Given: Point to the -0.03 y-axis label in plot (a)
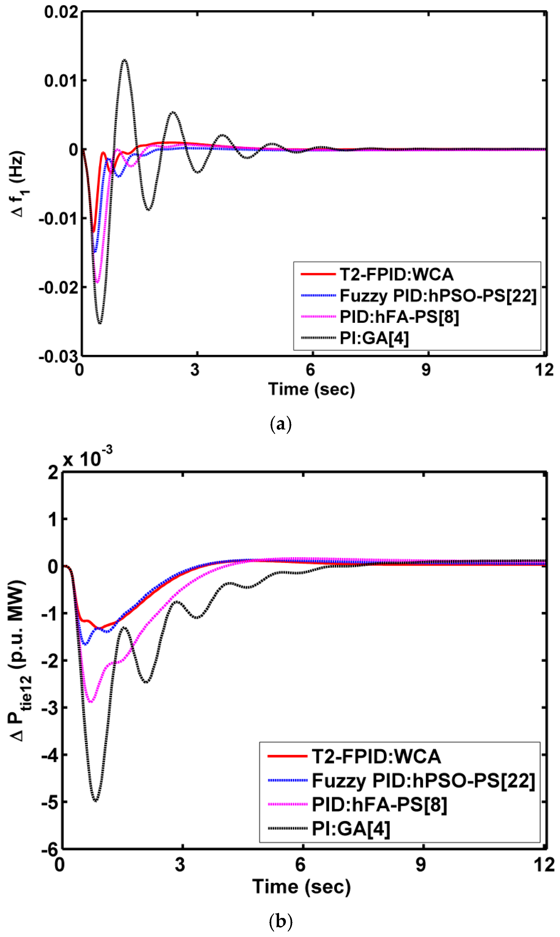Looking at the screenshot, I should coord(58,356).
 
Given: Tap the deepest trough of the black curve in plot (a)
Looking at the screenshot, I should coord(100,323).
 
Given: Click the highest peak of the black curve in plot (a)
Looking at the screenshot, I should coord(124,60).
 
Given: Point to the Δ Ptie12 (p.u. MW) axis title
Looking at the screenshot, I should coord(19,659).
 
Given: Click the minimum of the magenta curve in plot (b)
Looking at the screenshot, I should coord(91,702).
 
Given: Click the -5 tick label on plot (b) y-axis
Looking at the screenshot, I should coord(50,802).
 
